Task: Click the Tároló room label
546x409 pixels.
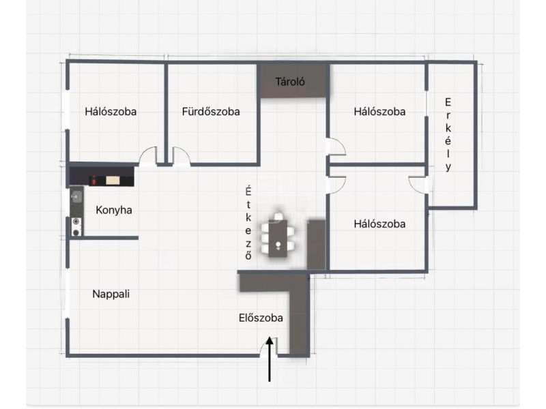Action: (x=290, y=82)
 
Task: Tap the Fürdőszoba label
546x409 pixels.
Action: (x=211, y=112)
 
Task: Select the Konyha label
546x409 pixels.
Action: (x=114, y=210)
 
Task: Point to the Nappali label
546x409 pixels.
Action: (x=111, y=294)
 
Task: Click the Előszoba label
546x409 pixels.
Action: (x=261, y=318)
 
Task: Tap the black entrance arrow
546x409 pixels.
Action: (x=270, y=359)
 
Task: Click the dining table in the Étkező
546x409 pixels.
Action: (x=278, y=238)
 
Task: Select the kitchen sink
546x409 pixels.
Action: (x=76, y=197)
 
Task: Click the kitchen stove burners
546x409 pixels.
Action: (x=76, y=227)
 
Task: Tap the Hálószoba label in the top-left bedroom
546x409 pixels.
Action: (x=111, y=112)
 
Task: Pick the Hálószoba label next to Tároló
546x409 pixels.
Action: (x=379, y=112)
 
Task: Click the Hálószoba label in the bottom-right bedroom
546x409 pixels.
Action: (x=379, y=224)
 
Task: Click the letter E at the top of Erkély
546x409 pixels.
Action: (x=448, y=102)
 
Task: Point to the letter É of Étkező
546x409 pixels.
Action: (x=248, y=190)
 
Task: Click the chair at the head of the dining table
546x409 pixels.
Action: (x=278, y=216)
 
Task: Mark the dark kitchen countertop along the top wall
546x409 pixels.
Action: (x=102, y=177)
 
